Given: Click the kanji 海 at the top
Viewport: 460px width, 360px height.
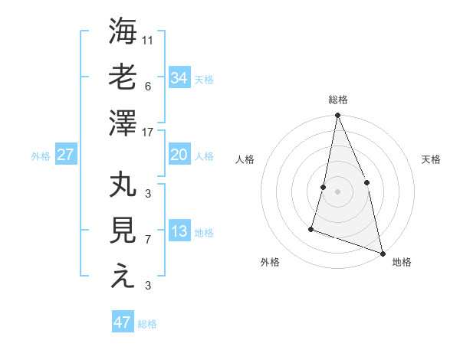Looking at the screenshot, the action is tap(123, 32).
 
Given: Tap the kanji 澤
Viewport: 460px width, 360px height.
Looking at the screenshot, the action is tap(123, 122).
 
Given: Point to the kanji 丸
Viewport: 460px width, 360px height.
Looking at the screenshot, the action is tap(123, 185).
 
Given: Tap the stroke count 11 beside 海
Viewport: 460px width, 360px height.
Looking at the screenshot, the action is tap(148, 40).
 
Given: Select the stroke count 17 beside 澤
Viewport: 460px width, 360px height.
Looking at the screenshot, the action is tap(148, 132).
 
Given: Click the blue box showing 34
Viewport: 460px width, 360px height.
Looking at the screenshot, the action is tap(179, 77).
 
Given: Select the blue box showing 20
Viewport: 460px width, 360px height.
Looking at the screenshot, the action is tap(179, 155).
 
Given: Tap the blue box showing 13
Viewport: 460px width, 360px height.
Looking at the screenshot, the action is tap(179, 231).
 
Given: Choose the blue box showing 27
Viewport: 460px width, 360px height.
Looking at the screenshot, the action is tap(65, 155).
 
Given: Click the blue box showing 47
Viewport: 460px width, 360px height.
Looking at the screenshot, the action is tap(123, 322).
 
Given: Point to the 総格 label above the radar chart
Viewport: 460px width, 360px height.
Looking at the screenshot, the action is tap(337, 100).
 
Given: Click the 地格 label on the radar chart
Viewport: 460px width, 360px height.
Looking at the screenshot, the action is tap(402, 262).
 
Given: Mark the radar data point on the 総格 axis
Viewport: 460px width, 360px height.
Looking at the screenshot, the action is tap(337, 116).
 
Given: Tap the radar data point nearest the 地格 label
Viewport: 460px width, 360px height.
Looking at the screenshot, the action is tap(382, 253).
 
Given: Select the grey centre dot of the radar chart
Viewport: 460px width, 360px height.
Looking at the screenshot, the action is tap(337, 191).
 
